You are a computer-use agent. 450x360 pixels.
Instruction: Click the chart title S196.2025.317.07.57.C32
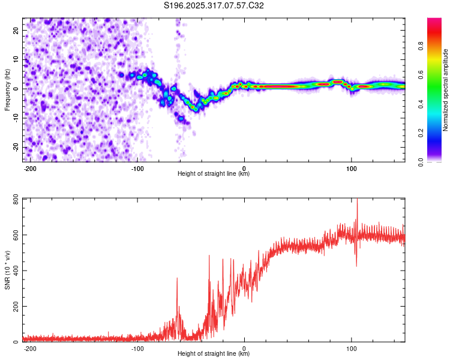(x=214, y=5)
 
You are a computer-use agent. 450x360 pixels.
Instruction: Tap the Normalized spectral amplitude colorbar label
(x=445, y=90)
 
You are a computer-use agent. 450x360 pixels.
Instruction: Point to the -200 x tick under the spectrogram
(x=30, y=167)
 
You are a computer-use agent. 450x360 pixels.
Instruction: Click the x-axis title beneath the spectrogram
(x=214, y=174)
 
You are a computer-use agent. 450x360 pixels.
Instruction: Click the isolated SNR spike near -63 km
(x=177, y=278)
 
